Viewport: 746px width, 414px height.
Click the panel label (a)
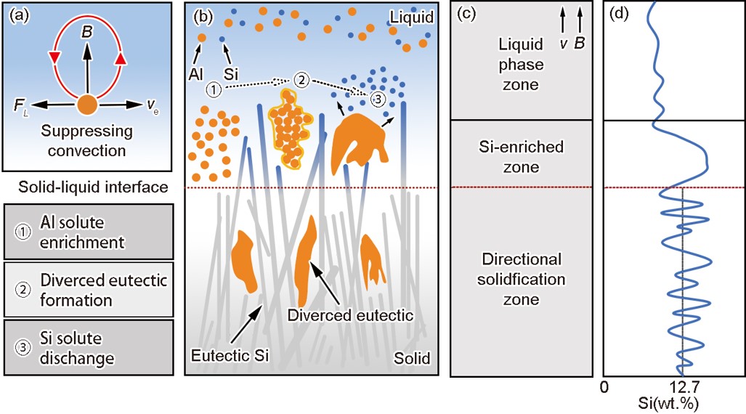tap(18, 15)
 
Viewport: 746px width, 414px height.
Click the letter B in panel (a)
tap(86, 33)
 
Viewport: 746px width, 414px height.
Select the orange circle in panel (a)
tap(87, 105)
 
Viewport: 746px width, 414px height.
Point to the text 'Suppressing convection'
tap(87, 141)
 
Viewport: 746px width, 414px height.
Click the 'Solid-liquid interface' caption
tap(86, 187)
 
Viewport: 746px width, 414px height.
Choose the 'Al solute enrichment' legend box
tap(88, 230)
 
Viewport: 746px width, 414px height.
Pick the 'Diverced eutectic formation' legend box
tap(88, 289)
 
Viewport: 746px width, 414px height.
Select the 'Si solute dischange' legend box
tap(88, 348)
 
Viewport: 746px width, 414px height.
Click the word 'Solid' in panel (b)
tap(412, 358)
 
